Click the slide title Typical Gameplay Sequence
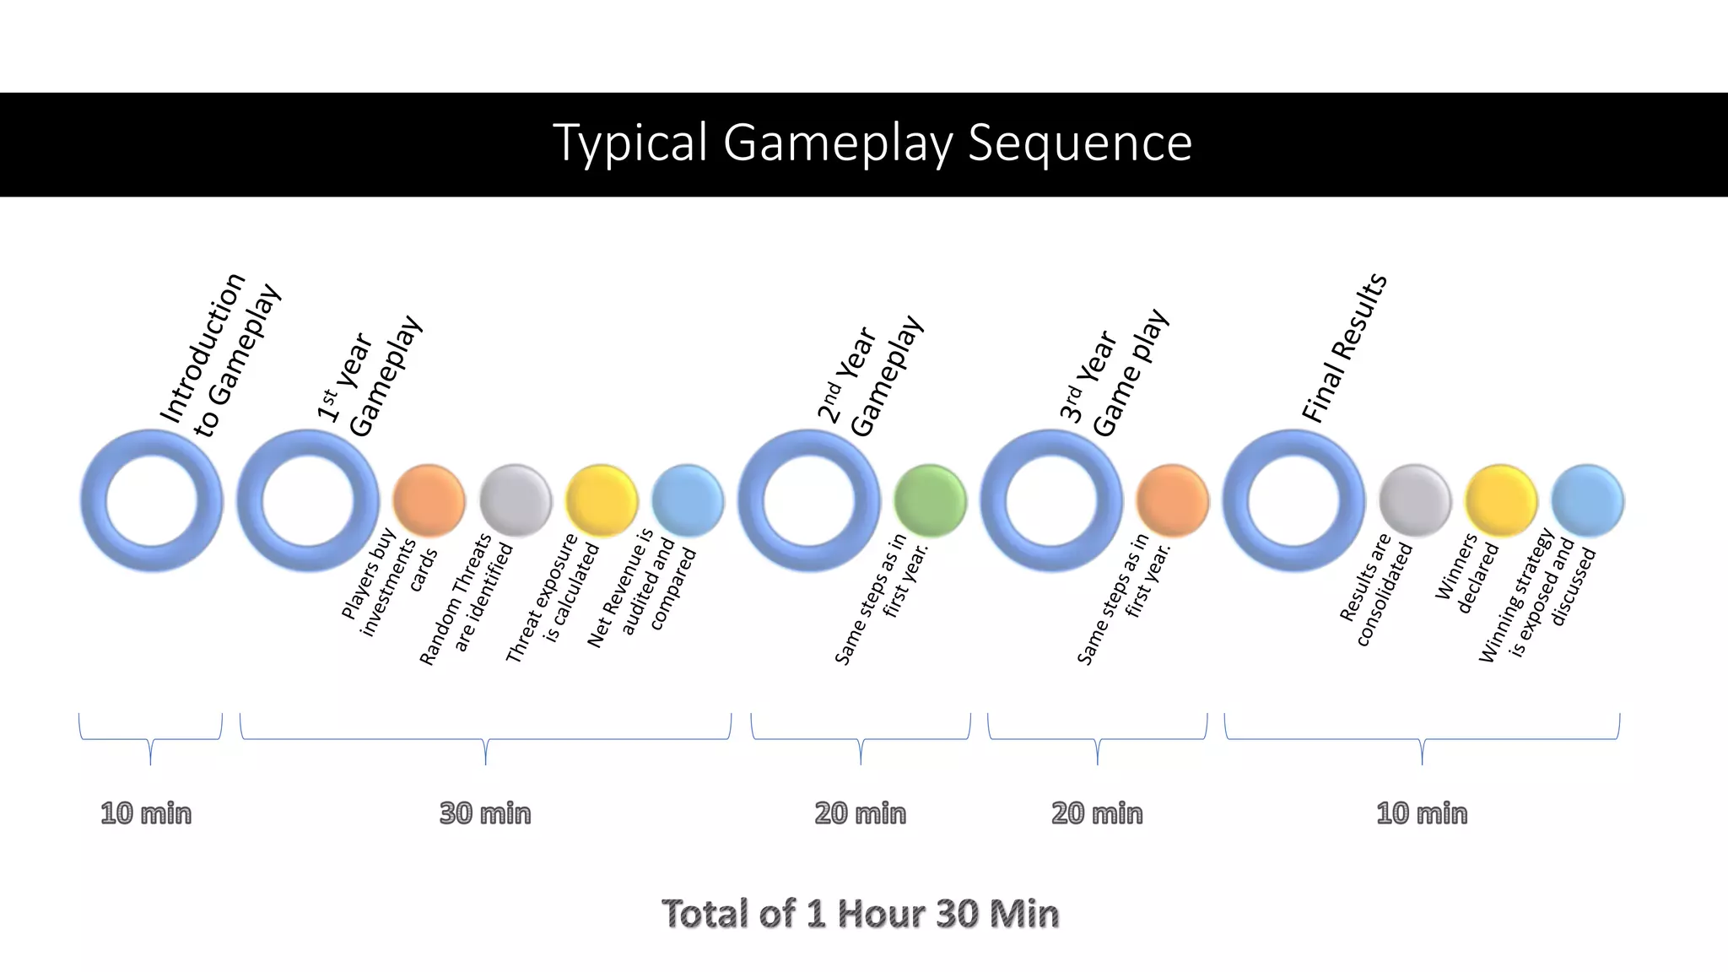point(872,143)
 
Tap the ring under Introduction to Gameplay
point(152,500)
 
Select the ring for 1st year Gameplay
point(308,500)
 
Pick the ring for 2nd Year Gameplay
point(809,500)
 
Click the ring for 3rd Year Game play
point(1051,500)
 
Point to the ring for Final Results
point(1293,500)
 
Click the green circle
point(930,500)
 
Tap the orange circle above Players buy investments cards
point(429,500)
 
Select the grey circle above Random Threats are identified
point(516,500)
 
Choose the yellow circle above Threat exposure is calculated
point(602,500)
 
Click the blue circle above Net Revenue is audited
point(688,500)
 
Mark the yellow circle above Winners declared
point(1501,500)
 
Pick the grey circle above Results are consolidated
point(1415,500)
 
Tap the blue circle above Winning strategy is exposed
point(1587,500)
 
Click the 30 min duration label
point(485,813)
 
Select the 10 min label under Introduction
point(146,813)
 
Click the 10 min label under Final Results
point(1422,813)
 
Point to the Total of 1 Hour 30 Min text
point(860,914)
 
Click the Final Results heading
point(1344,348)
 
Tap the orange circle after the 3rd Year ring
point(1173,500)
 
